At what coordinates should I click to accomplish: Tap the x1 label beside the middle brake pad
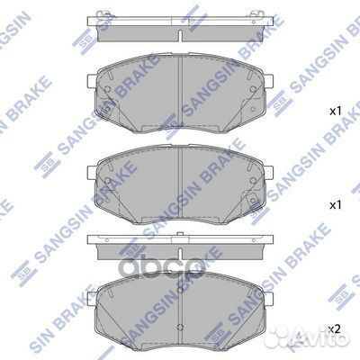pos(334,205)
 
